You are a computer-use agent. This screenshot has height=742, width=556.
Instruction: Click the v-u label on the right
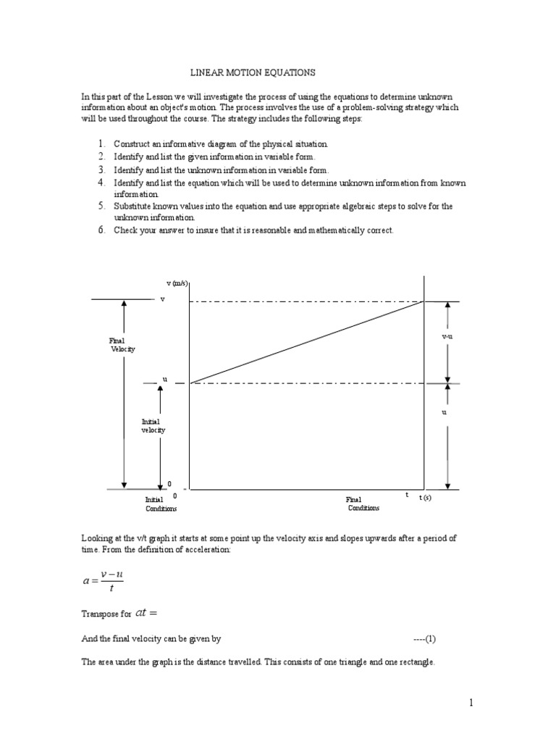pos(447,338)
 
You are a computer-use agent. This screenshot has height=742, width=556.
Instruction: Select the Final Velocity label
pos(122,344)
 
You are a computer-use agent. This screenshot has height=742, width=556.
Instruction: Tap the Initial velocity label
pos(153,425)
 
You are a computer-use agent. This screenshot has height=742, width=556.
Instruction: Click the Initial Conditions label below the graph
pos(160,504)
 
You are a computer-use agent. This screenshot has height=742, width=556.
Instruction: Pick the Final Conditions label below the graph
pos(363,504)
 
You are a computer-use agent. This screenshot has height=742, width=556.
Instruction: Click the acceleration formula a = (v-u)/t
pos(104,580)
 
